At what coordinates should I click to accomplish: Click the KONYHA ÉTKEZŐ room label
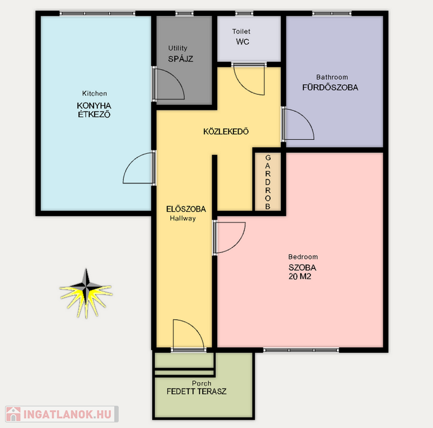click(94, 110)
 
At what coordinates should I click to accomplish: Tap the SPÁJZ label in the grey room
click(181, 59)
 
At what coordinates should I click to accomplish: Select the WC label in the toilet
click(242, 42)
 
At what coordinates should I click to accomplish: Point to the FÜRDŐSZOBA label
click(330, 87)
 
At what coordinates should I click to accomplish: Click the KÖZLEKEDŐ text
click(226, 132)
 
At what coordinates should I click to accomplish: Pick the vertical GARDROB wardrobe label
click(267, 182)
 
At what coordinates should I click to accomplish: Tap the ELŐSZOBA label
click(186, 209)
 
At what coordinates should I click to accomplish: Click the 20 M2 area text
click(300, 276)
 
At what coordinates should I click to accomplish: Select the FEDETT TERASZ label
click(196, 391)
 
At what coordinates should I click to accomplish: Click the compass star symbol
click(86, 293)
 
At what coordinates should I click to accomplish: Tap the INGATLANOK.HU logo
click(62, 414)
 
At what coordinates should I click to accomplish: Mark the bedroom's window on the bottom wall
click(301, 350)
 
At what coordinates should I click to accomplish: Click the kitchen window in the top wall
click(98, 13)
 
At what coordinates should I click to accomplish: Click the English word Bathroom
click(332, 77)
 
